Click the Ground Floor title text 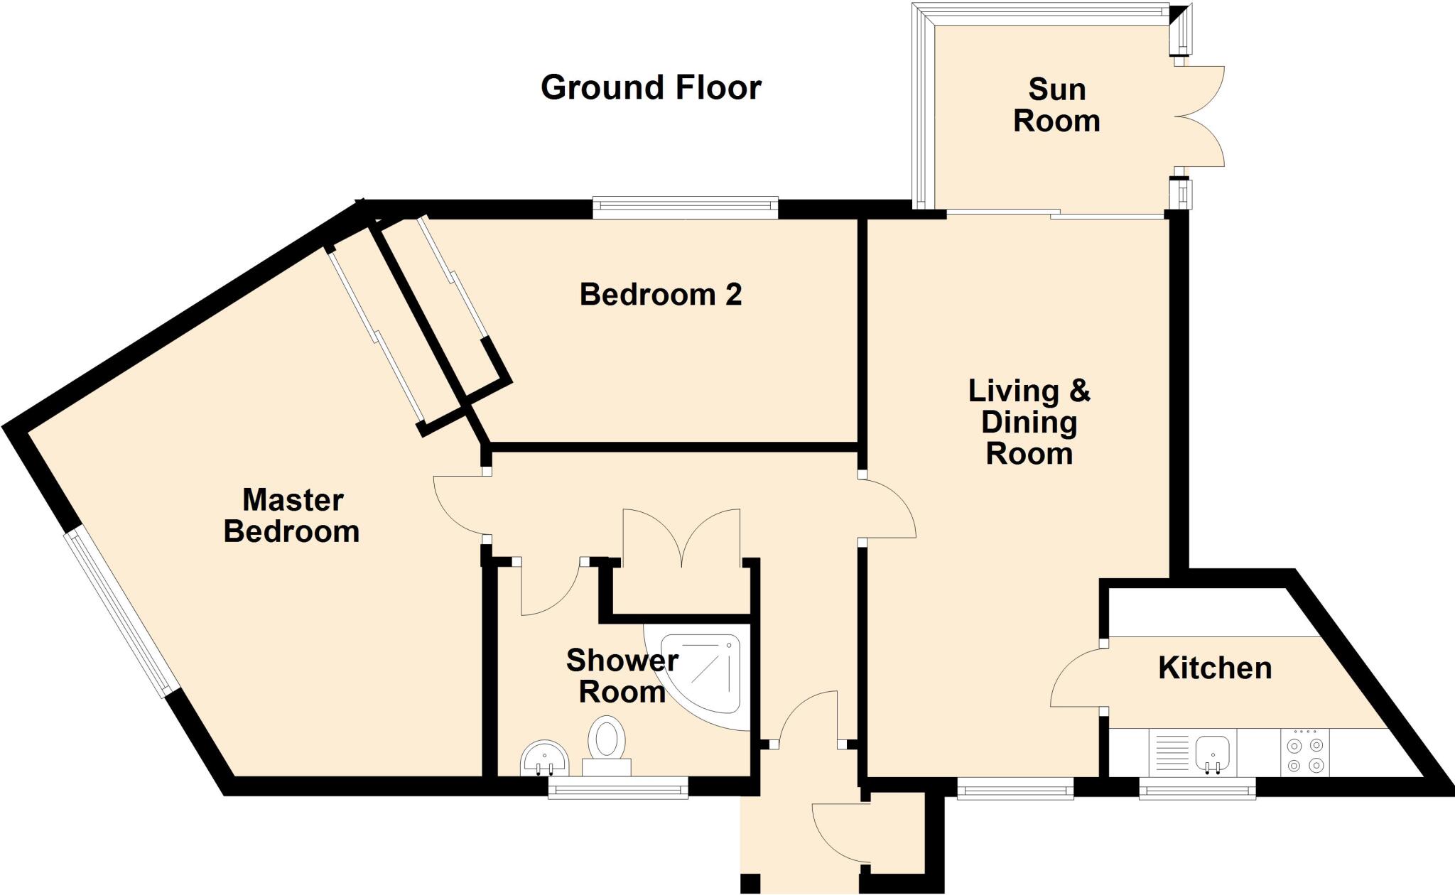(x=651, y=88)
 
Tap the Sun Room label (x=1056, y=105)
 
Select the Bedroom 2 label (x=661, y=294)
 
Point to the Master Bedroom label (x=292, y=516)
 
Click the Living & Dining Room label (x=1029, y=422)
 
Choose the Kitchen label (x=1215, y=668)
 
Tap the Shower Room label (x=622, y=676)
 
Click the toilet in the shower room (x=607, y=746)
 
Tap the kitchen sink (x=1213, y=752)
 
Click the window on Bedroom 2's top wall (x=685, y=207)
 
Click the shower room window (x=618, y=787)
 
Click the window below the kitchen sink (x=1197, y=788)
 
